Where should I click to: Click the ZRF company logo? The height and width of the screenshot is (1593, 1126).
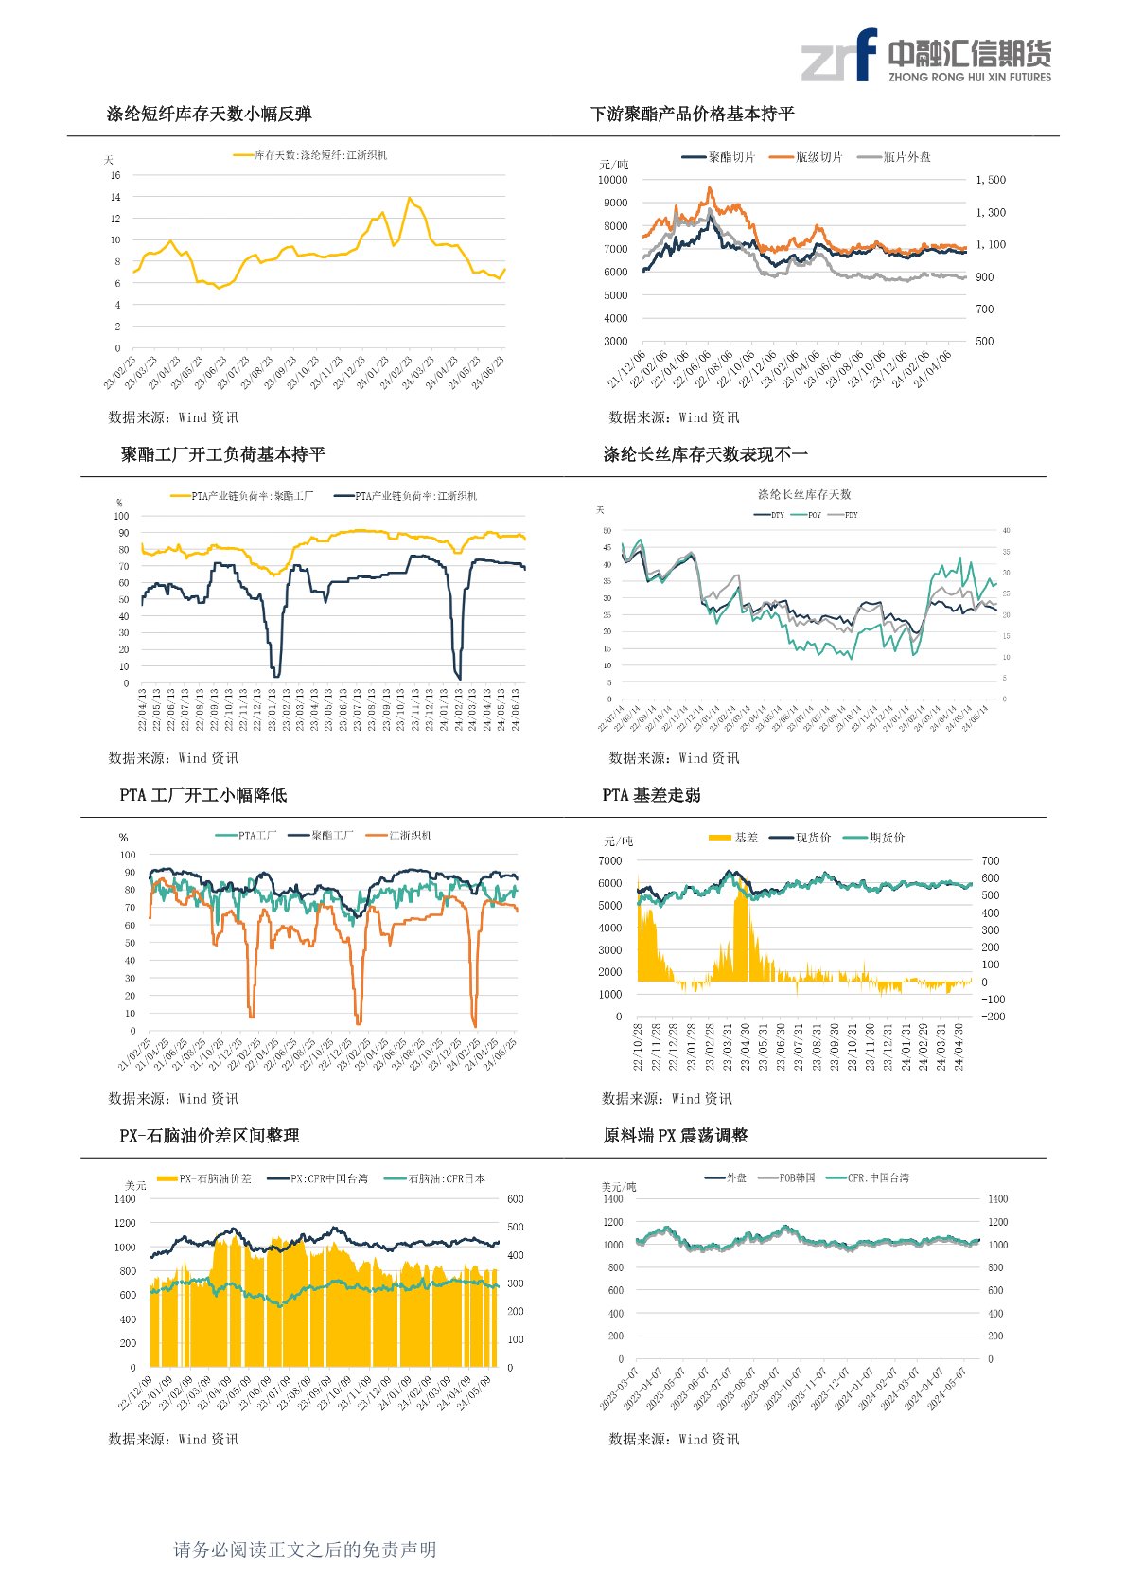click(x=925, y=55)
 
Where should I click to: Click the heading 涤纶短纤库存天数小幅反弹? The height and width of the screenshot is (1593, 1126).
click(x=209, y=115)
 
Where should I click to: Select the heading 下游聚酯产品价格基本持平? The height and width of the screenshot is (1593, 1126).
click(x=692, y=115)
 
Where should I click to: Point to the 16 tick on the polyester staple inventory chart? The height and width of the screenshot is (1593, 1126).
click(x=115, y=175)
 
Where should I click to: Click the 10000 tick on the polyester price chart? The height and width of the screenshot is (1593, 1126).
click(x=612, y=180)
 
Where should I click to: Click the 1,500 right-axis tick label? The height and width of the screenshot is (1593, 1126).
click(x=990, y=180)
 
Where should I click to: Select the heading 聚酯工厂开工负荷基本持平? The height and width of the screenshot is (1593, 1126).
click(x=223, y=455)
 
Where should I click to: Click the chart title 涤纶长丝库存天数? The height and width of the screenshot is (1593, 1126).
click(x=804, y=494)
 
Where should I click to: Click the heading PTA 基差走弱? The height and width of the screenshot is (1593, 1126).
click(x=651, y=795)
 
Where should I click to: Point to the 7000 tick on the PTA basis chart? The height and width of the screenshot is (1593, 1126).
click(x=609, y=861)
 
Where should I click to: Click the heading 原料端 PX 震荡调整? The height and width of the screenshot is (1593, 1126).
click(x=676, y=1136)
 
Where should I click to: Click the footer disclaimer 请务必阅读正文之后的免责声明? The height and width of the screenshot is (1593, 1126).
click(x=305, y=1549)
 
